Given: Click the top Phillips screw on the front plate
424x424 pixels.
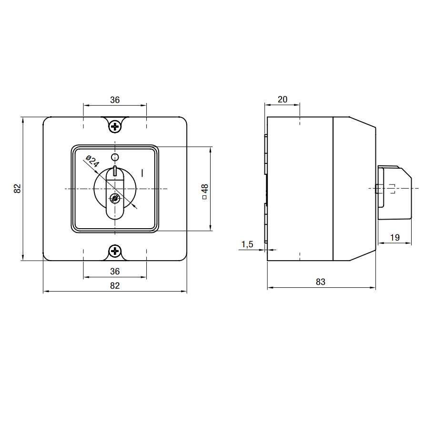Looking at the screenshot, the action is (x=115, y=127).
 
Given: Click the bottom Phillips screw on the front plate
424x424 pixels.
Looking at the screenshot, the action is (x=115, y=251).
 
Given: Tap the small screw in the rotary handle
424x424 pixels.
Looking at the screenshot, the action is (x=115, y=199).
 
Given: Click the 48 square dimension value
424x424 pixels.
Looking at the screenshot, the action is (x=205, y=188).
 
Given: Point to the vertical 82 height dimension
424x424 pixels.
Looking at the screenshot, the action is (x=17, y=189).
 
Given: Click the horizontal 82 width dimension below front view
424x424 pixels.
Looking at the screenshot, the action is (x=115, y=285).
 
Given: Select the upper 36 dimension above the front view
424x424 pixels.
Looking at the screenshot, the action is (x=115, y=100).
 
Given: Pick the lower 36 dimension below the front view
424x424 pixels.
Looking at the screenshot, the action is (x=115, y=271).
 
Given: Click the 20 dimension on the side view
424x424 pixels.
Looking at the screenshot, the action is (x=283, y=100).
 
